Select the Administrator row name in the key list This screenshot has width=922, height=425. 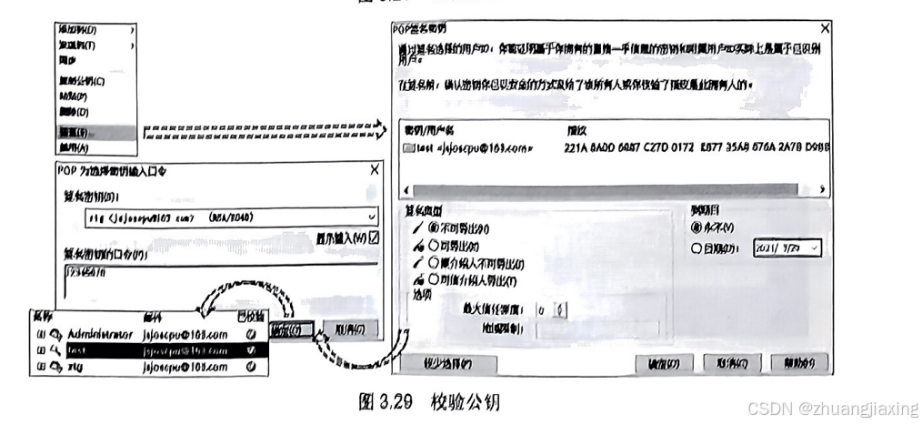[101, 334]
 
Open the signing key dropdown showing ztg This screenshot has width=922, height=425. [372, 217]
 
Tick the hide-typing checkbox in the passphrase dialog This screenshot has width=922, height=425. [374, 238]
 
